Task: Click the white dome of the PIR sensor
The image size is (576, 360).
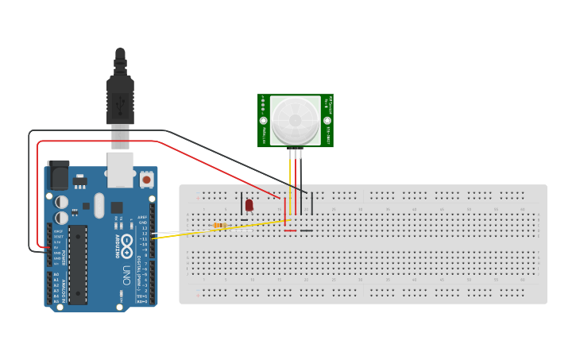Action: click(x=295, y=120)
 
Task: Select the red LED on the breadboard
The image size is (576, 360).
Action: click(x=249, y=205)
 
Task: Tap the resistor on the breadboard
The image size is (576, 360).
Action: click(x=220, y=226)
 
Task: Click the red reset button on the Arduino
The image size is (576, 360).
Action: click(x=146, y=180)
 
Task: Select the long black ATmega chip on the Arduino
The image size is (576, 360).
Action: click(x=78, y=265)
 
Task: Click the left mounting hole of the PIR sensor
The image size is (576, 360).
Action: click(x=263, y=121)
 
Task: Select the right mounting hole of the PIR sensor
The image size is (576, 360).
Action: click(x=327, y=121)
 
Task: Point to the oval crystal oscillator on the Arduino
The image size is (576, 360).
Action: click(x=99, y=204)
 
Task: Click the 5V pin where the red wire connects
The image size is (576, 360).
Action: click(x=49, y=248)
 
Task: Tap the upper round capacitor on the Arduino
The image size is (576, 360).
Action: click(x=61, y=201)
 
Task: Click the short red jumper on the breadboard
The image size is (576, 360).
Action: click(x=290, y=231)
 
